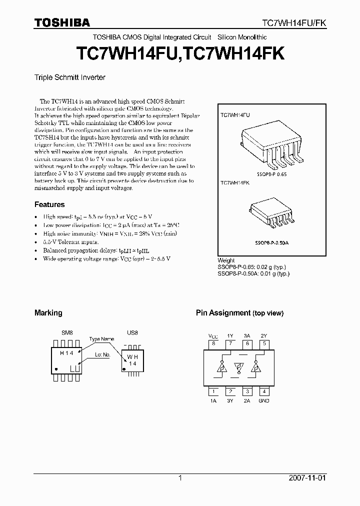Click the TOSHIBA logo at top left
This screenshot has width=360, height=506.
click(x=62, y=22)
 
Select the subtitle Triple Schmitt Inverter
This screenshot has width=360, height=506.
click(x=69, y=77)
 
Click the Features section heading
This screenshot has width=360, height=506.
click(x=49, y=204)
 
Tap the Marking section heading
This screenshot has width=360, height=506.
click(x=48, y=313)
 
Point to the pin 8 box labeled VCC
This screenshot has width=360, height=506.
click(x=213, y=343)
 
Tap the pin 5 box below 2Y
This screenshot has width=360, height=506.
click(x=264, y=343)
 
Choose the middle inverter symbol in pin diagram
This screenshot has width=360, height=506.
click(x=239, y=368)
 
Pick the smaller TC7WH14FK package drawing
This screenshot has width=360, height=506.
click(x=270, y=212)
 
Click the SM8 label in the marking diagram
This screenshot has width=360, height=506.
click(x=67, y=332)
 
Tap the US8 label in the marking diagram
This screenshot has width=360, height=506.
click(x=132, y=332)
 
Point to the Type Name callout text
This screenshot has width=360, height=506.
click(x=101, y=339)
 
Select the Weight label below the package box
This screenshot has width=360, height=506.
click(x=226, y=260)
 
